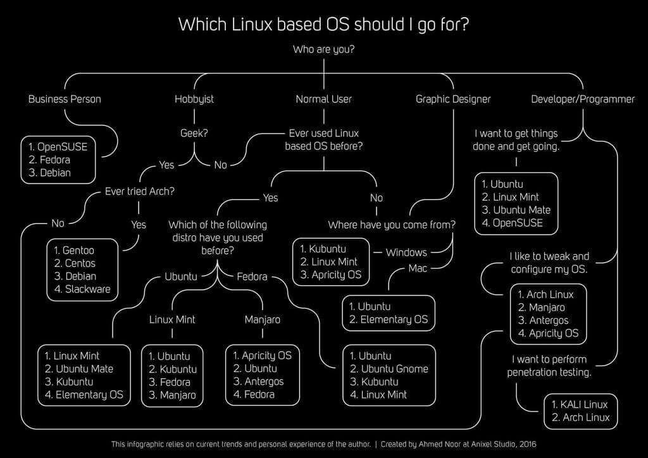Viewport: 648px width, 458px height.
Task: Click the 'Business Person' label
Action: coord(65,99)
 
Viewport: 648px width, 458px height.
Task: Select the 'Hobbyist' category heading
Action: coord(194,99)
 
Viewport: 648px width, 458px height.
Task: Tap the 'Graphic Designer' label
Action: coord(453,99)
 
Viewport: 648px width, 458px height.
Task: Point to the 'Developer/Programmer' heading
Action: coord(583,99)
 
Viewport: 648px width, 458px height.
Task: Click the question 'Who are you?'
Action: coord(323,49)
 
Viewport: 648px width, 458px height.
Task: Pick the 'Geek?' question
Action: coord(194,133)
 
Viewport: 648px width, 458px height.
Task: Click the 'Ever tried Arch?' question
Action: coord(140,191)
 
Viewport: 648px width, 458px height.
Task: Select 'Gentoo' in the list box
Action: coord(78,251)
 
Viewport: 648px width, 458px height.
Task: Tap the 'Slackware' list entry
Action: coord(87,289)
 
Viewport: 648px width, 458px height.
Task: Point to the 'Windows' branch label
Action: coord(406,252)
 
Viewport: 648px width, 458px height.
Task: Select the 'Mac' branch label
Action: coord(418,268)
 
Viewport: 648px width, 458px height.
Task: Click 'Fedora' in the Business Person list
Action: coord(55,160)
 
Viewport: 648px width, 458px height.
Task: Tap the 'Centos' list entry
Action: coord(80,264)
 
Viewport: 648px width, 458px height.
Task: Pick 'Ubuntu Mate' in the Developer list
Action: coord(522,210)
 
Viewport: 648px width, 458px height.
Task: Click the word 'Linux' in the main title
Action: coord(252,25)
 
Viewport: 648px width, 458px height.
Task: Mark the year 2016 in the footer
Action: coord(528,444)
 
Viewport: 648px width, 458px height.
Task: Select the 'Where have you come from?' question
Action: coord(392,225)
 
